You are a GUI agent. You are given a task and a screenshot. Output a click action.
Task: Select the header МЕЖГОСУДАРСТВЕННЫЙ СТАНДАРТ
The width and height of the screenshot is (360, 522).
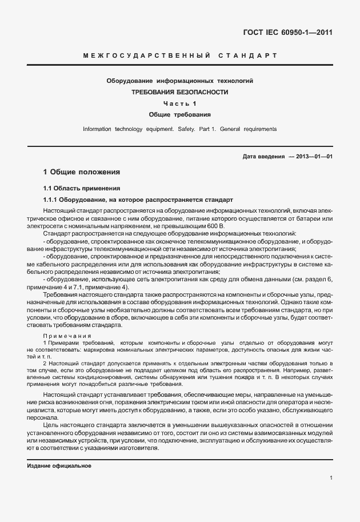point(180,56)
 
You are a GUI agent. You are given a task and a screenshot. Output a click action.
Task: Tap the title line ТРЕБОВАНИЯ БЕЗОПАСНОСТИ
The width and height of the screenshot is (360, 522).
point(180,92)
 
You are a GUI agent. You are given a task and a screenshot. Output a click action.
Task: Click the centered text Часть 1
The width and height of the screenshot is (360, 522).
point(180,103)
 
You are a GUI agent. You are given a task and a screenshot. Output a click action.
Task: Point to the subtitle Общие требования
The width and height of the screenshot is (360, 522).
point(180,114)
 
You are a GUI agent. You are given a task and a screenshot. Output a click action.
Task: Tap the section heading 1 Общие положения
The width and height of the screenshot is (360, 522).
point(82,172)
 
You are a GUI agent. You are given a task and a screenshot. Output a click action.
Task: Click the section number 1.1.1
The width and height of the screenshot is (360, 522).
point(53,200)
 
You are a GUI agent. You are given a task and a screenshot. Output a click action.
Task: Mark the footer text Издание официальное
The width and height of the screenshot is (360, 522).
point(59,466)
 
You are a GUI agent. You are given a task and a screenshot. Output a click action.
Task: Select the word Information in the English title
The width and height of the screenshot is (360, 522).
point(97,129)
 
